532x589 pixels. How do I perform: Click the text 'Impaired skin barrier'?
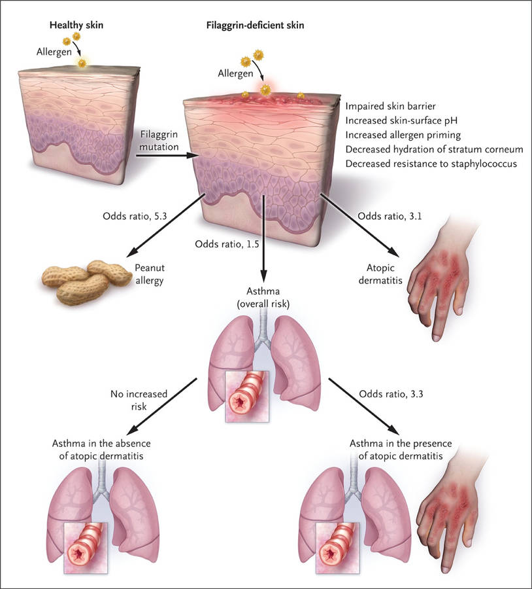tap(390, 106)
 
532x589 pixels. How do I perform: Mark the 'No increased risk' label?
tap(139, 400)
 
